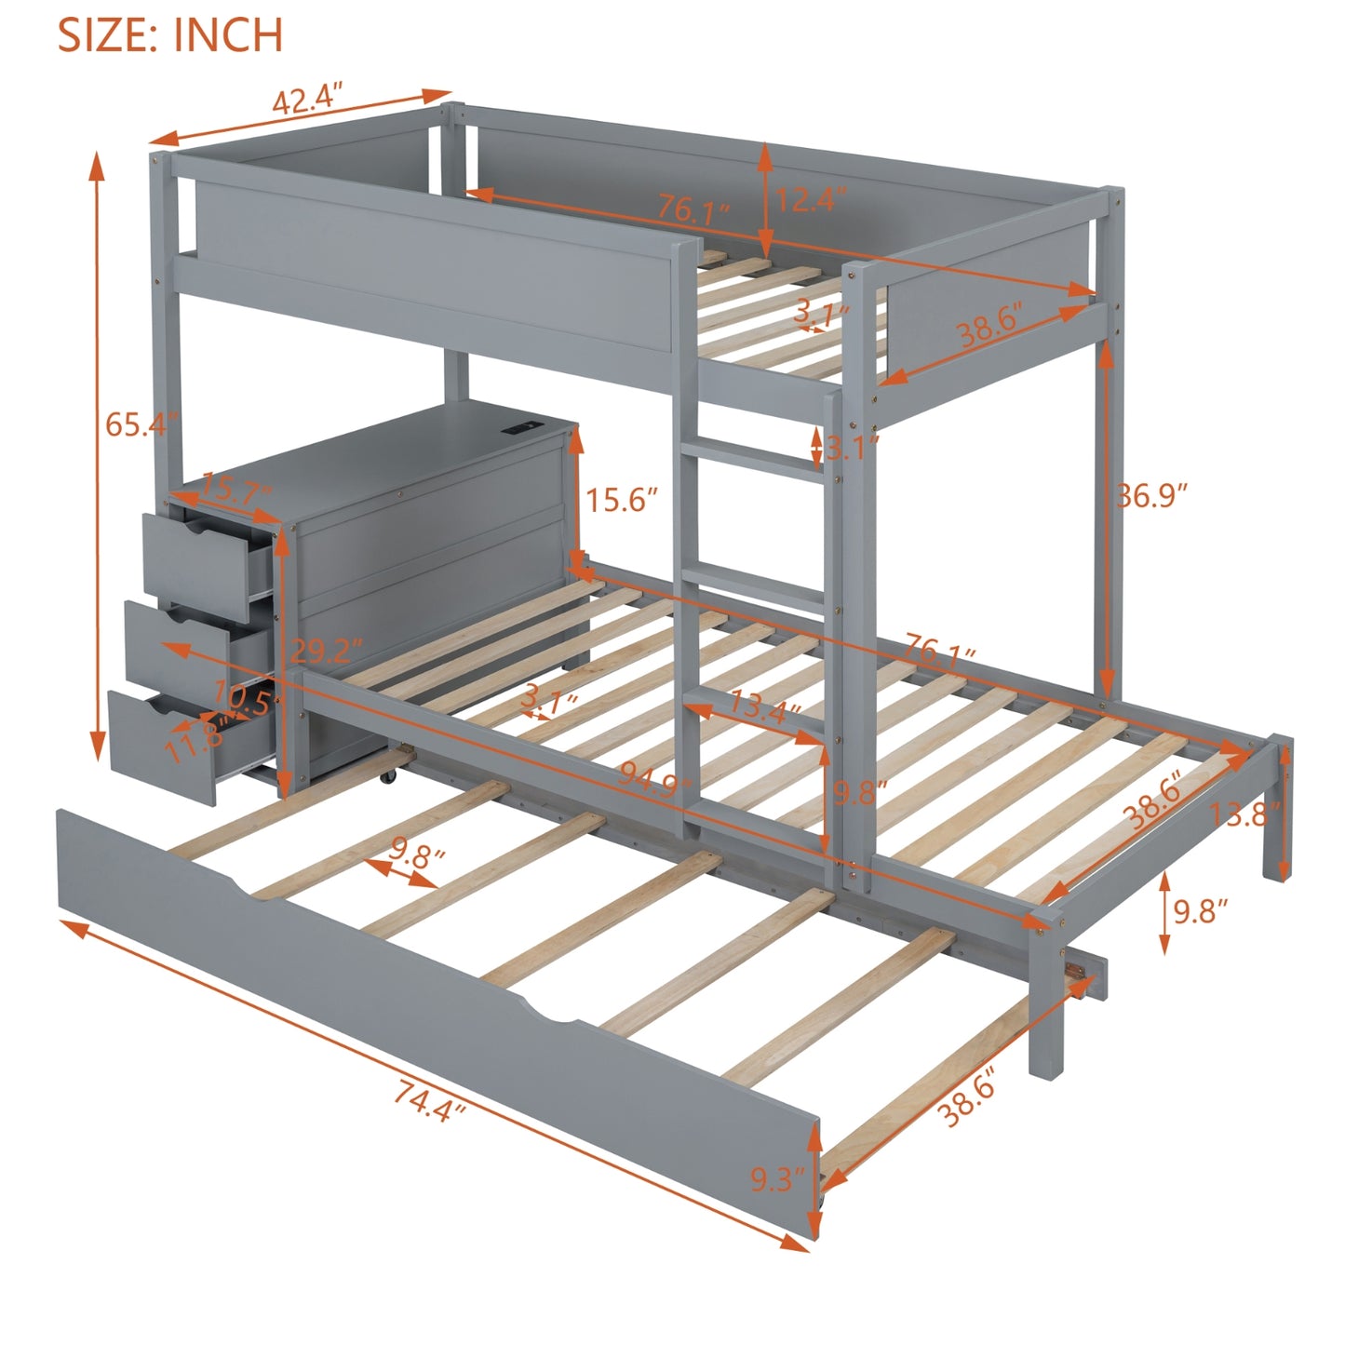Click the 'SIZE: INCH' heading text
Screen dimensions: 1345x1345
coord(170,34)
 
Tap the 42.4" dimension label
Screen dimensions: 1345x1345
coord(308,98)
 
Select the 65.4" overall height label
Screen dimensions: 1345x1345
coord(140,424)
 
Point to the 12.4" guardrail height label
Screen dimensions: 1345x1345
coord(811,198)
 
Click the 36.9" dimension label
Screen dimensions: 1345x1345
coord(1152,495)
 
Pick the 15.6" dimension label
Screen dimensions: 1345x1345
coord(621,500)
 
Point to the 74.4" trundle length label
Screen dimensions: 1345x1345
coord(429,1100)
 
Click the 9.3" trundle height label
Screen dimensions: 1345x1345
coord(776,1179)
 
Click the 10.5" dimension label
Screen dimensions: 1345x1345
coord(241,697)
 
